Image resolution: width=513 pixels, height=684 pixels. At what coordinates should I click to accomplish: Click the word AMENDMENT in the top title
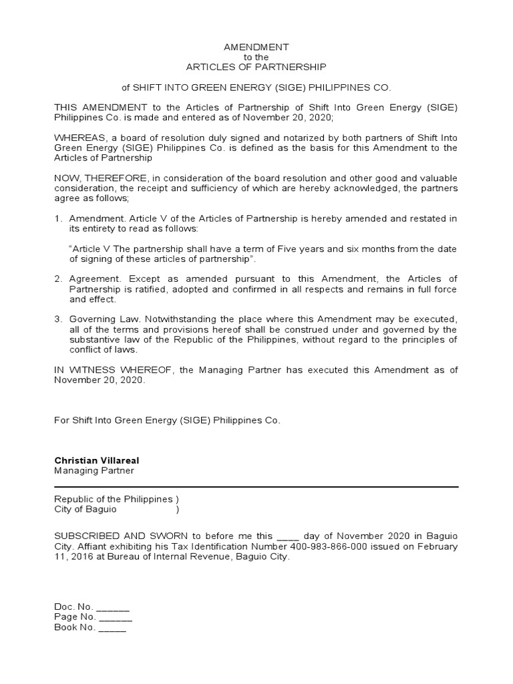(x=256, y=47)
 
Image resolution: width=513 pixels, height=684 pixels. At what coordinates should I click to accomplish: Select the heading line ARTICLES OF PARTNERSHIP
(x=256, y=67)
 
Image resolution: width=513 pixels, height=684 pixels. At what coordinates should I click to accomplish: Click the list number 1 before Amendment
(x=58, y=219)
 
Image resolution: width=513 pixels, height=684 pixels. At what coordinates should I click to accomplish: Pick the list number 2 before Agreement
(x=58, y=279)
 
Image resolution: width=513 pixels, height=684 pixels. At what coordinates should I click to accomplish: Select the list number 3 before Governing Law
(x=58, y=320)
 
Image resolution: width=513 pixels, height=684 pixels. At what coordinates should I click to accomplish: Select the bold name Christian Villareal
(x=97, y=461)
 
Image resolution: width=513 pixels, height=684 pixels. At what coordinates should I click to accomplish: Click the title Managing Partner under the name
(x=94, y=471)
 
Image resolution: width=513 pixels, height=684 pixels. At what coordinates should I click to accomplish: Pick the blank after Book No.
(x=112, y=629)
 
